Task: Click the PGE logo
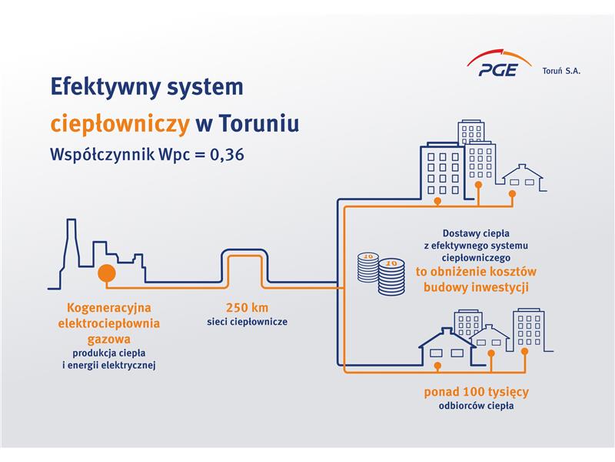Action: pyautogui.click(x=498, y=63)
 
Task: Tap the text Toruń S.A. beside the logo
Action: pyautogui.click(x=561, y=71)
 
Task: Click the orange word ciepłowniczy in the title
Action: pyautogui.click(x=120, y=123)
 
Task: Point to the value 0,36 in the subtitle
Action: pyautogui.click(x=227, y=154)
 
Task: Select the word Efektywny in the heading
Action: pyautogui.click(x=105, y=87)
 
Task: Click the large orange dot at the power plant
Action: pyautogui.click(x=107, y=273)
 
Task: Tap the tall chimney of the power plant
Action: pyautogui.click(x=71, y=243)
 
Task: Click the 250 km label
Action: pyautogui.click(x=247, y=307)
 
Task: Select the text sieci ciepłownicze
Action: pyautogui.click(x=247, y=322)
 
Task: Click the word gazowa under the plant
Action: pyautogui.click(x=108, y=339)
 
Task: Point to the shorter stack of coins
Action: pyautogui.click(x=368, y=267)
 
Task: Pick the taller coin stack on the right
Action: pyautogui.click(x=391, y=276)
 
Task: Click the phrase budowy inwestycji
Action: pyautogui.click(x=476, y=286)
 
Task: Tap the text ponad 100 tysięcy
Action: pyautogui.click(x=476, y=392)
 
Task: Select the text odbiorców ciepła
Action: pyautogui.click(x=476, y=406)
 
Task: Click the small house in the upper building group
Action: pyautogui.click(x=523, y=178)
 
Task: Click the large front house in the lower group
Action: pyautogui.click(x=447, y=347)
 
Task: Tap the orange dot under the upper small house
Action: pyautogui.click(x=512, y=194)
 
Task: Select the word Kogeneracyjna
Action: pyautogui.click(x=109, y=307)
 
